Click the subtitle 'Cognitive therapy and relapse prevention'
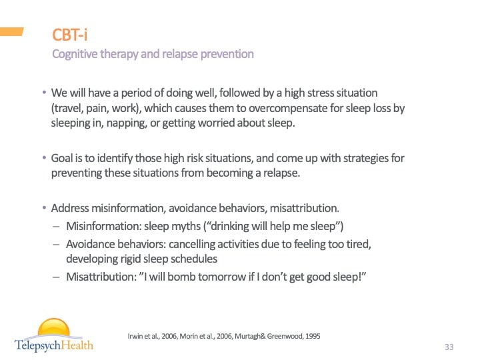153,54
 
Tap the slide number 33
448,347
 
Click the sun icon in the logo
53,329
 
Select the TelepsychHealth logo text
54,345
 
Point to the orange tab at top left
12,31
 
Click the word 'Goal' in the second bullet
63,159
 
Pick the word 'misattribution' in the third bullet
305,208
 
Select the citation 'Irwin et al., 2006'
153,336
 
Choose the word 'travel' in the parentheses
69,108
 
